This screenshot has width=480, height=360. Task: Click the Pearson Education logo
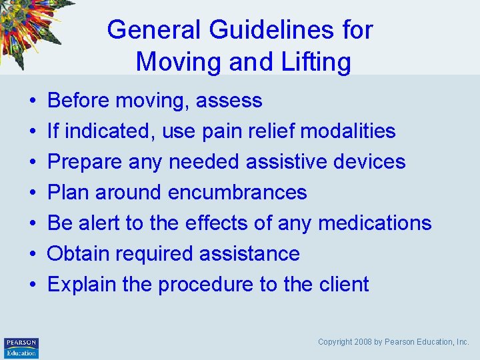pos(21,347)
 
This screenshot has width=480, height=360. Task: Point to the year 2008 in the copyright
pos(364,342)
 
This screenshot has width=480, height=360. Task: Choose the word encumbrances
pos(237,193)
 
